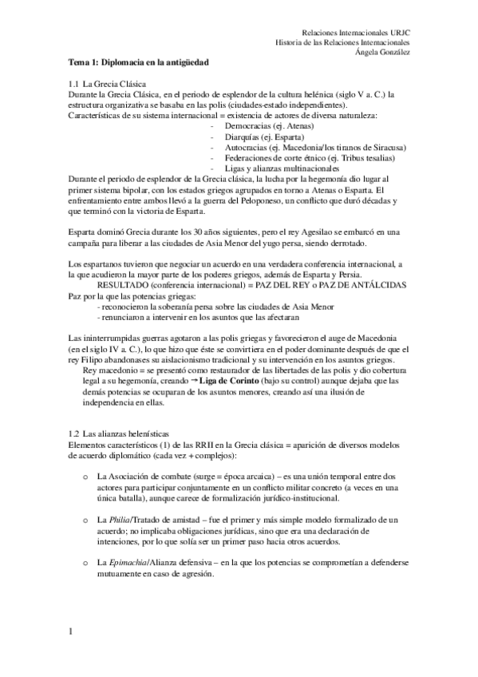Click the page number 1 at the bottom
click(x=71, y=632)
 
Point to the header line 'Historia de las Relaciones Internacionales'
click(x=343, y=42)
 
